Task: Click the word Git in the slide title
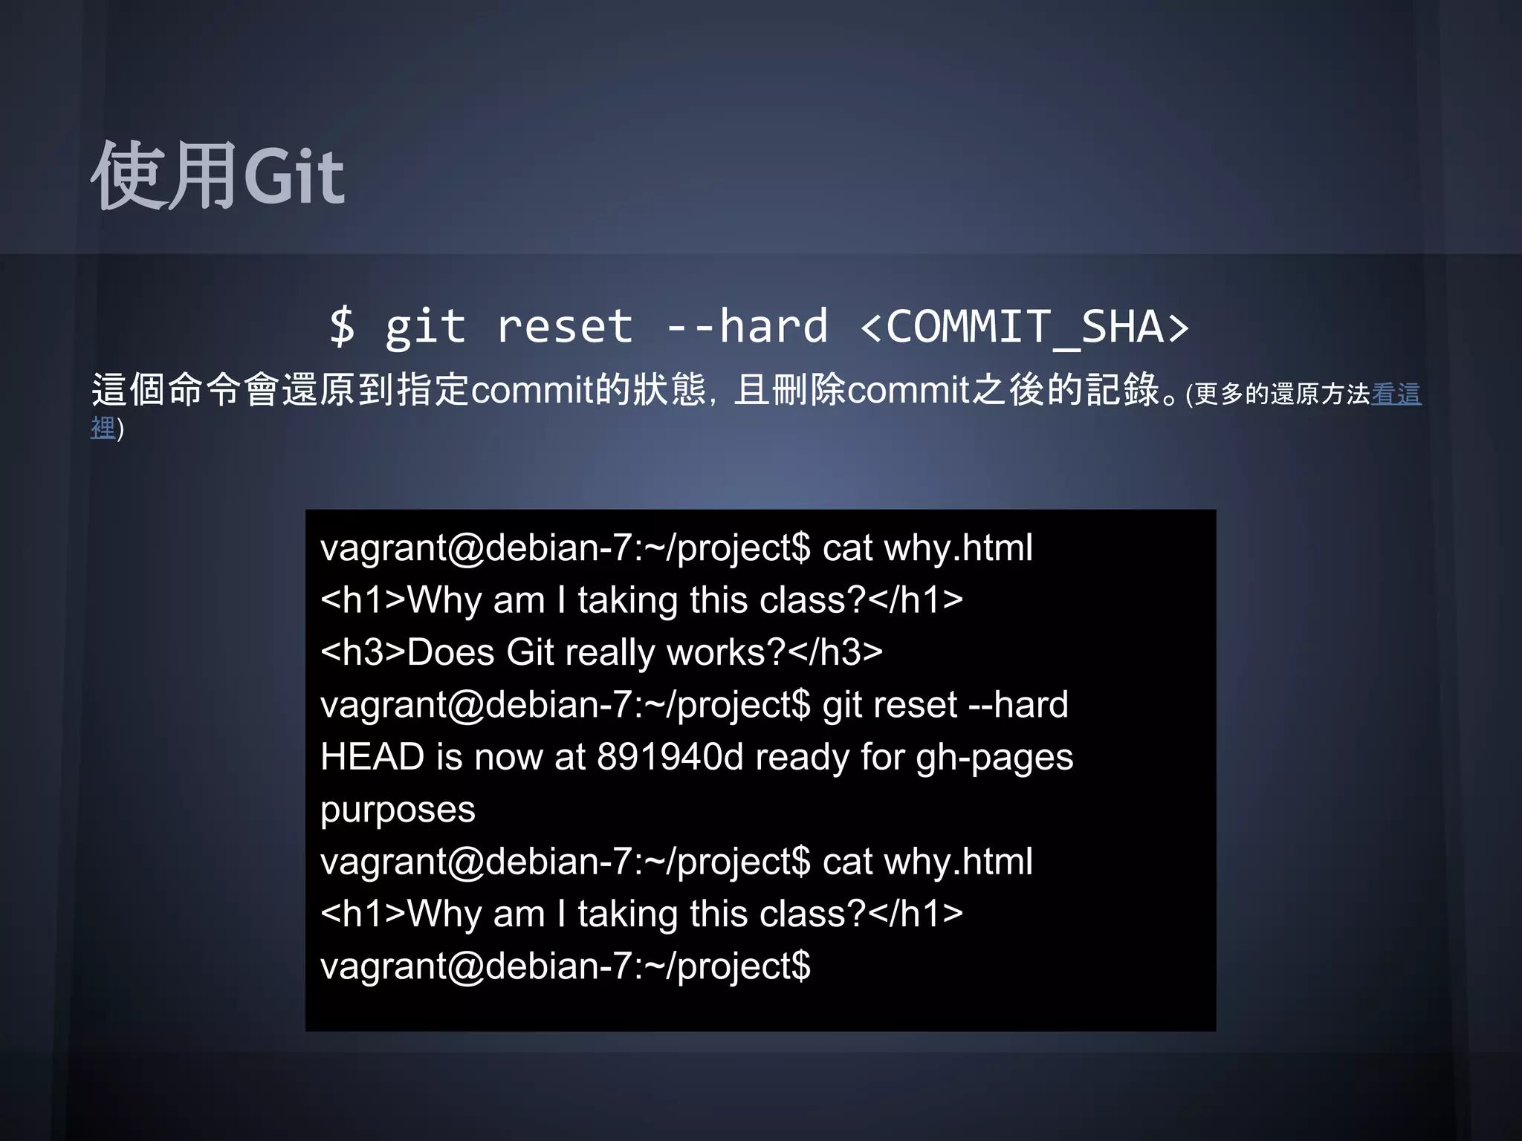point(294,176)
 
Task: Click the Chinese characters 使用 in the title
point(164,176)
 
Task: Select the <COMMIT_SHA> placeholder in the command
point(1025,326)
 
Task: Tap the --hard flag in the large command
point(746,326)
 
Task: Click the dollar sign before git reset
point(342,326)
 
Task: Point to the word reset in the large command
point(564,326)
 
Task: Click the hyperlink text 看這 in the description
point(1396,394)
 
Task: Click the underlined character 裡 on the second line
point(103,428)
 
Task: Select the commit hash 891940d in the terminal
point(670,757)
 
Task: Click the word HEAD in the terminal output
point(372,757)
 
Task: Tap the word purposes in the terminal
point(398,810)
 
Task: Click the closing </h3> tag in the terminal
point(835,652)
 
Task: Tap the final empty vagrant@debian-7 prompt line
point(565,966)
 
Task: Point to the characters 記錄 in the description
point(1123,390)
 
